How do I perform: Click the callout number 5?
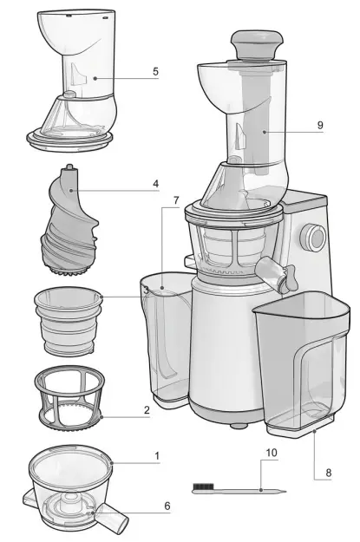155,71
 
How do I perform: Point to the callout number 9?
320,125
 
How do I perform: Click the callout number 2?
147,409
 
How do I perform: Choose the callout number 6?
167,505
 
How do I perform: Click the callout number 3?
147,291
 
